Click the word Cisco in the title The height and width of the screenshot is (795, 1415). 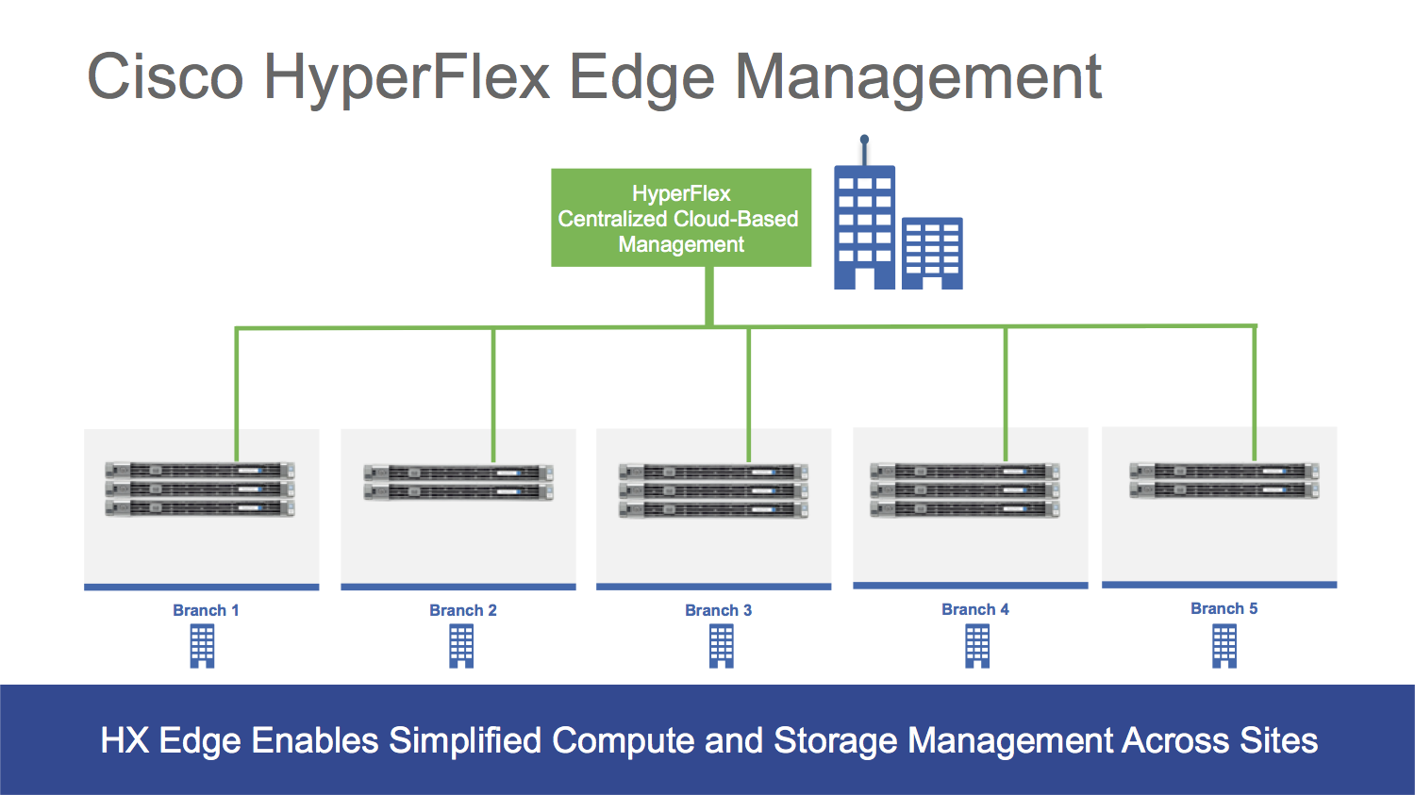pos(165,76)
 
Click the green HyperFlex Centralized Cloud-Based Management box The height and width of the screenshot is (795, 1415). pos(680,218)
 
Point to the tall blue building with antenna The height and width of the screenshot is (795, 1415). pos(864,226)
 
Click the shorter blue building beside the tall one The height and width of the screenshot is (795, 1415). pos(932,252)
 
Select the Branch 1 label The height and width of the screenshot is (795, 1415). pos(206,610)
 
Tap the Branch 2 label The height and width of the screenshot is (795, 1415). pos(462,610)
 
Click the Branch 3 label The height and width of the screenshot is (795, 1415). pos(718,610)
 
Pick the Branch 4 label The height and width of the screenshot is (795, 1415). pos(974,609)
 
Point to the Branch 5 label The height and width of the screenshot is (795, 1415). pos(1224,608)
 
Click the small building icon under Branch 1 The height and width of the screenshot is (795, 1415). pos(203,647)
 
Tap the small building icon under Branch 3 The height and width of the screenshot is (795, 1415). pos(722,647)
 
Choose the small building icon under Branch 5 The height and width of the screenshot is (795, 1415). pos(1224,647)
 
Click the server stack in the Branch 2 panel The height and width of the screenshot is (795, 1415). pos(458,482)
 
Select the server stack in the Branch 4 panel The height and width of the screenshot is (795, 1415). pos(965,490)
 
